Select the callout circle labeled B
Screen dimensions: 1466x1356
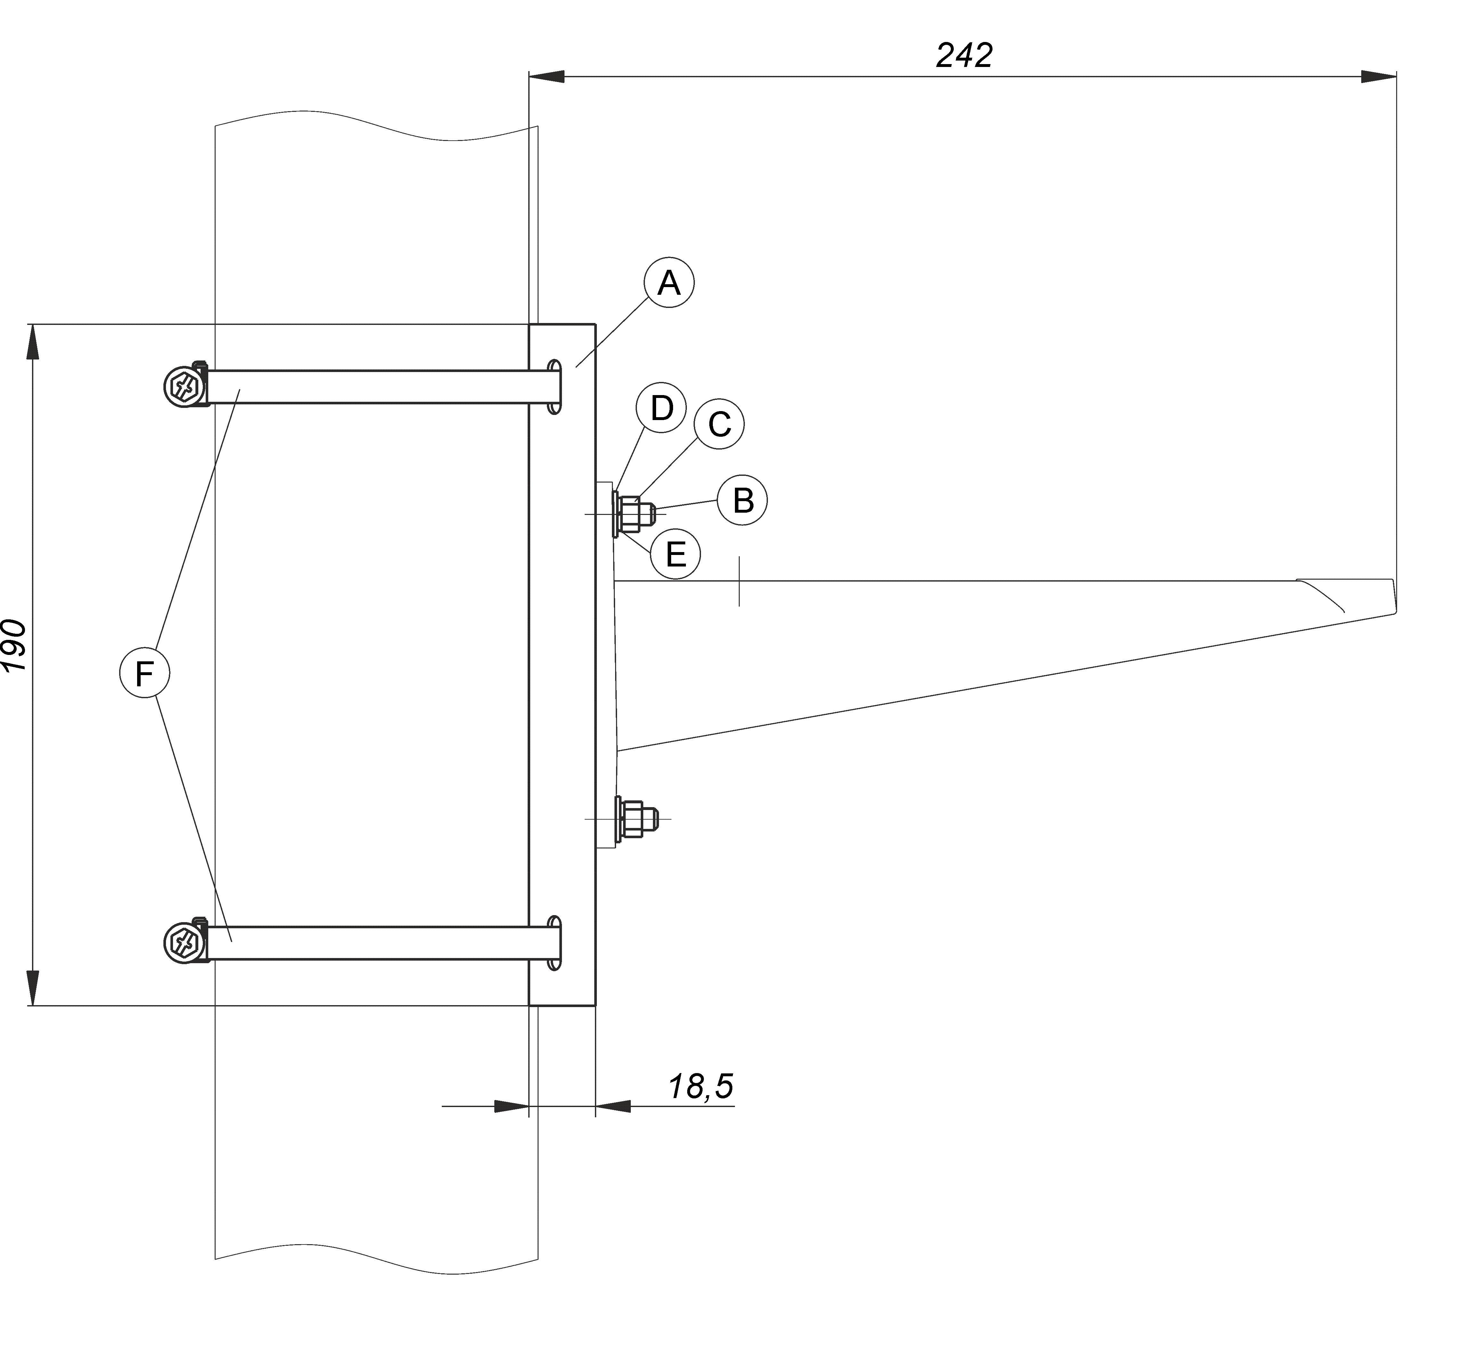pyautogui.click(x=743, y=500)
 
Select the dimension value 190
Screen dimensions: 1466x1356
pyautogui.click(x=15, y=645)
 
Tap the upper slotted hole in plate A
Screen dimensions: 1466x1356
pyautogui.click(x=556, y=387)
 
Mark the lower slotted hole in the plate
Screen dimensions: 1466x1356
pyautogui.click(x=556, y=943)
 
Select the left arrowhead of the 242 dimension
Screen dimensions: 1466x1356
pyautogui.click(x=547, y=76)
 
